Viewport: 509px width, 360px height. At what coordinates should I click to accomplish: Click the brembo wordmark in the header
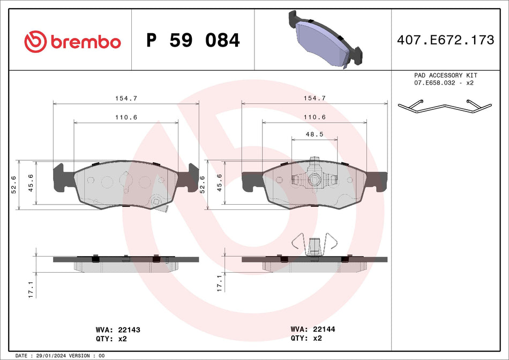tap(86, 41)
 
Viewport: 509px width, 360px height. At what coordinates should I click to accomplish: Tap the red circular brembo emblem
tap(36, 41)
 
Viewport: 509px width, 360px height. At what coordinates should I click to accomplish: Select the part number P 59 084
tap(193, 40)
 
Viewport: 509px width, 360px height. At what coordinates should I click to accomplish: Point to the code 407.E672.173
tap(445, 40)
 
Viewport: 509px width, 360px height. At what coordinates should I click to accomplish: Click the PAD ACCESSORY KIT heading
tap(445, 76)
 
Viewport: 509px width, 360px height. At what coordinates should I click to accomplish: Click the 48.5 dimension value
tap(315, 134)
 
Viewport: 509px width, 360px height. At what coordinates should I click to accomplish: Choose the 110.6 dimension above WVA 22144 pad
tap(315, 117)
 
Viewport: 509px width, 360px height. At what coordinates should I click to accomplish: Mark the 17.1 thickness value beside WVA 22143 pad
tap(31, 289)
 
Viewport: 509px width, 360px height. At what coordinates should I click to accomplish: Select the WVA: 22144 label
tap(312, 329)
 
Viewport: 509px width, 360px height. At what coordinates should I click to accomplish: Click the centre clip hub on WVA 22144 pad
tap(315, 180)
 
